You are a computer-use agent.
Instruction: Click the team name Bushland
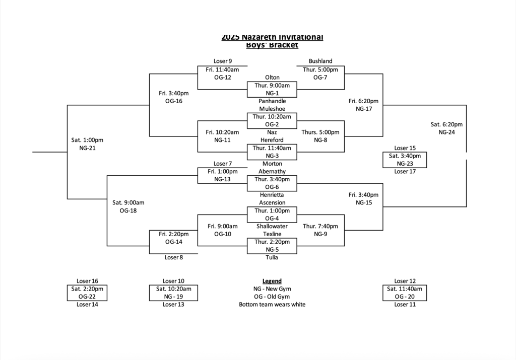(320, 61)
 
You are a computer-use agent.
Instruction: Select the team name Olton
(272, 78)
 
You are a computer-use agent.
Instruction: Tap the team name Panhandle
(272, 101)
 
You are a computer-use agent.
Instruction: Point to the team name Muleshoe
(272, 109)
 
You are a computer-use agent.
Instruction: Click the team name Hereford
(272, 140)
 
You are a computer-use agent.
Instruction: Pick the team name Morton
(272, 164)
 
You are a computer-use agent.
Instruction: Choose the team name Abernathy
(272, 171)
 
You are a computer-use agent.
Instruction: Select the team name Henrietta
(272, 195)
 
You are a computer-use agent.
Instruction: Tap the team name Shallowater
(272, 226)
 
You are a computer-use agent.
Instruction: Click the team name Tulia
(272, 258)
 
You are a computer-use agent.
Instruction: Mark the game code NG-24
(446, 132)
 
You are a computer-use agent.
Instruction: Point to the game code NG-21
(87, 148)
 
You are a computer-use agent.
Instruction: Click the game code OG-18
(128, 210)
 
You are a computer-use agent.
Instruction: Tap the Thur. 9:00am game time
(272, 86)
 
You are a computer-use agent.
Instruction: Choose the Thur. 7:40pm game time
(320, 227)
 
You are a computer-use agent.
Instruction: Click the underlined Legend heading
(272, 281)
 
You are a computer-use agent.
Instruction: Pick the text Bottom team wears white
(272, 305)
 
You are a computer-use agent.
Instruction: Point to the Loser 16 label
(87, 281)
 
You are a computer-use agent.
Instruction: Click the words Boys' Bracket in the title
(272, 45)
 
